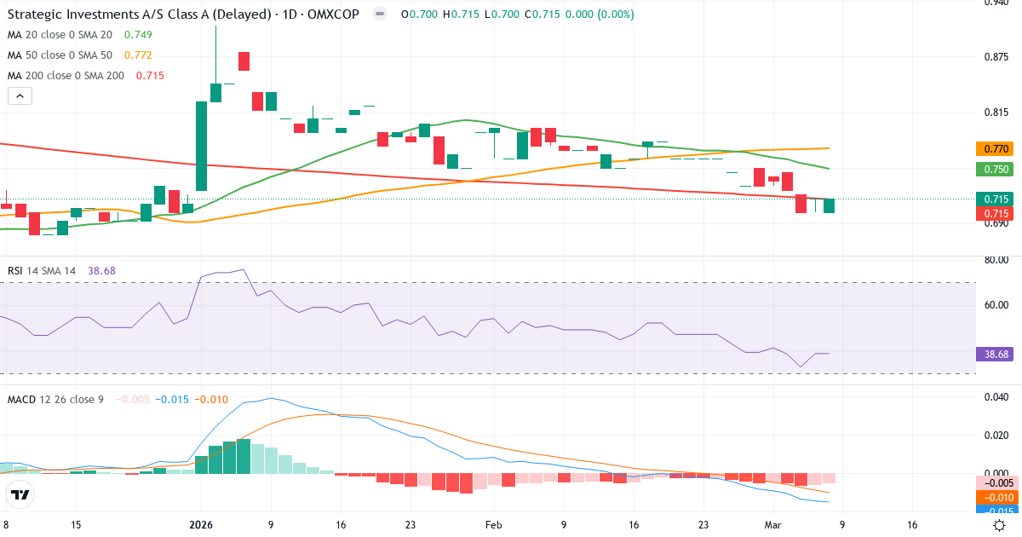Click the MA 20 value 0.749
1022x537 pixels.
pyautogui.click(x=139, y=34)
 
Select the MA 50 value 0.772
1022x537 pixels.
pyautogui.click(x=139, y=55)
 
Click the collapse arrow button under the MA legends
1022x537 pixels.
pyautogui.click(x=20, y=96)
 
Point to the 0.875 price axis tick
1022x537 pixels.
pyautogui.click(x=996, y=57)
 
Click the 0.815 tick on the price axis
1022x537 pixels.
pyautogui.click(x=996, y=113)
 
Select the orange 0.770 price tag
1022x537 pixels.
pyautogui.click(x=994, y=148)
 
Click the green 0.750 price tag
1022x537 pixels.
pyautogui.click(x=994, y=169)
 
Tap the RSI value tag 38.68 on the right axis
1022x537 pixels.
pyautogui.click(x=994, y=353)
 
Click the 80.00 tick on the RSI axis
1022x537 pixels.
pyautogui.click(x=996, y=260)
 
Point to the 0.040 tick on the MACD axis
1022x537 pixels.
pyautogui.click(x=996, y=396)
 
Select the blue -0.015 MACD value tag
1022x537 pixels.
pyautogui.click(x=994, y=511)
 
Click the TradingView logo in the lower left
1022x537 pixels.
pyautogui.click(x=20, y=494)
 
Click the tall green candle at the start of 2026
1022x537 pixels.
pyautogui.click(x=202, y=146)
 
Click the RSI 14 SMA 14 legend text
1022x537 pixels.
pyautogui.click(x=42, y=270)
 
